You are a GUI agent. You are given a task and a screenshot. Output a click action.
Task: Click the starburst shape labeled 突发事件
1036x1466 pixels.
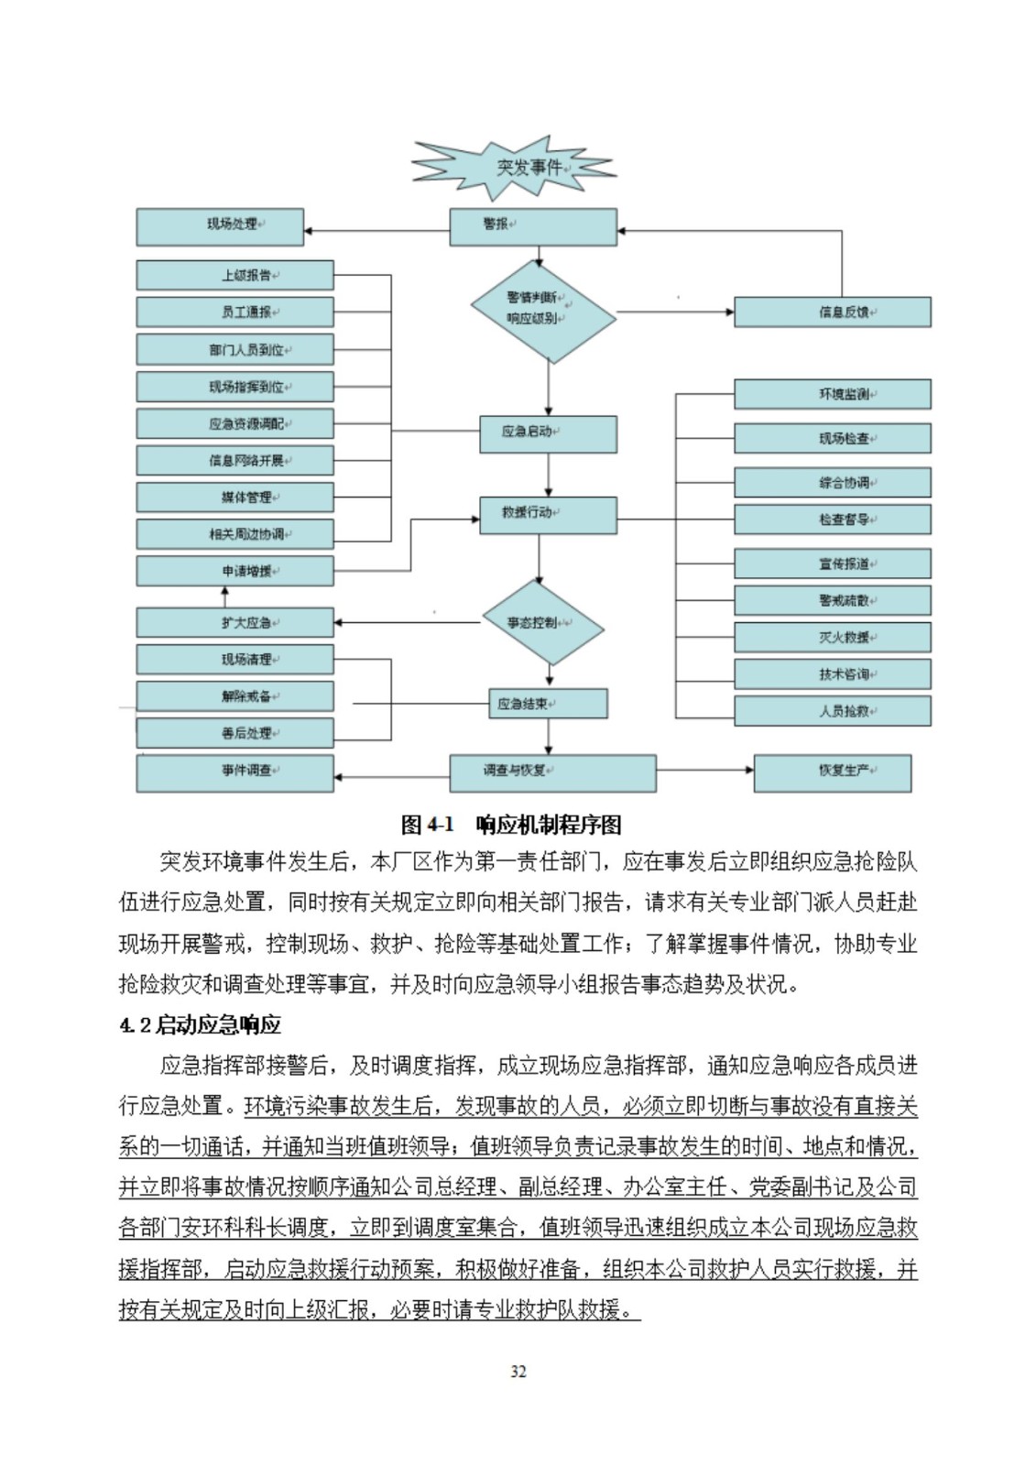[x=516, y=168]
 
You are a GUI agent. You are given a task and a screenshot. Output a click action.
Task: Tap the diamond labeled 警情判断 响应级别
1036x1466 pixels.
[x=543, y=312]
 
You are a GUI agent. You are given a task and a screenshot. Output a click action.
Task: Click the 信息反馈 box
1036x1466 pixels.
[x=832, y=312]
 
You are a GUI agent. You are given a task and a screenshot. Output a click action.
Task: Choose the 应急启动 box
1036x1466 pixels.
[x=548, y=433]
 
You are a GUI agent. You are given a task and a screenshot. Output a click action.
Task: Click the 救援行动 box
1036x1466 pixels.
[x=548, y=515]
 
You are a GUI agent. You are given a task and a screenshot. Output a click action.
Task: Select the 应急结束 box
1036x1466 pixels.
[x=548, y=704]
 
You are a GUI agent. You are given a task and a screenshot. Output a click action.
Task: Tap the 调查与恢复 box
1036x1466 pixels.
[x=552, y=772]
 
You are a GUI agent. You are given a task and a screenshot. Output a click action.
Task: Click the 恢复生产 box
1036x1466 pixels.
[x=832, y=772]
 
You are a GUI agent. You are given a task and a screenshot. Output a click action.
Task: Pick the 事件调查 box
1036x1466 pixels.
[x=234, y=772]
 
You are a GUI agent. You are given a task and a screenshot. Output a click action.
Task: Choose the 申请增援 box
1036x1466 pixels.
[x=234, y=571]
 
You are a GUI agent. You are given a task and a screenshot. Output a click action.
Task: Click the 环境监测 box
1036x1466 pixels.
[x=832, y=394]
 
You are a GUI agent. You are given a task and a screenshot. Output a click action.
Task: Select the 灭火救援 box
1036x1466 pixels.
[x=832, y=638]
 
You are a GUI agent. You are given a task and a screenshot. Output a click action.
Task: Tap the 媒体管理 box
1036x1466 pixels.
[x=234, y=498]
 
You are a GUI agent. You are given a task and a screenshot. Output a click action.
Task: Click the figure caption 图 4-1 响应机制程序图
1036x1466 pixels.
[x=511, y=825]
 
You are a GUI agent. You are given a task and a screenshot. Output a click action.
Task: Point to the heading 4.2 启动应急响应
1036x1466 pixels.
[x=200, y=1025]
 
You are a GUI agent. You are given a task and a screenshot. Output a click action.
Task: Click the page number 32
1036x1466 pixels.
[x=518, y=1372]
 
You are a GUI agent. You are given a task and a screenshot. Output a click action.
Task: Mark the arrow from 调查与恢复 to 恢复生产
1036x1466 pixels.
[x=704, y=770]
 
